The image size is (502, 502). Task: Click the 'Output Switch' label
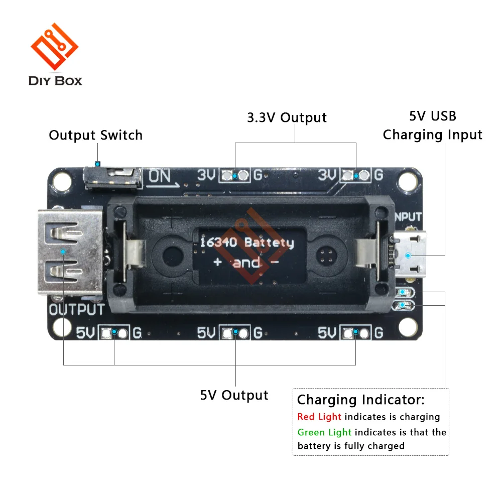(x=95, y=135)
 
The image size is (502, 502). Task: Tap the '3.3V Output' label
(x=287, y=117)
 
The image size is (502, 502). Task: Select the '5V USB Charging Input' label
(x=432, y=125)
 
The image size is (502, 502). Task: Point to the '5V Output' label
(x=234, y=395)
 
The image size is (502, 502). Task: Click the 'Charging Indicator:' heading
(x=360, y=400)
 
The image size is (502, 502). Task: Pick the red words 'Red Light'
(x=319, y=417)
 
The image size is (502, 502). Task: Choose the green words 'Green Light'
(x=324, y=432)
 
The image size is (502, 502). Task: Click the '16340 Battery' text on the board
(x=247, y=243)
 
